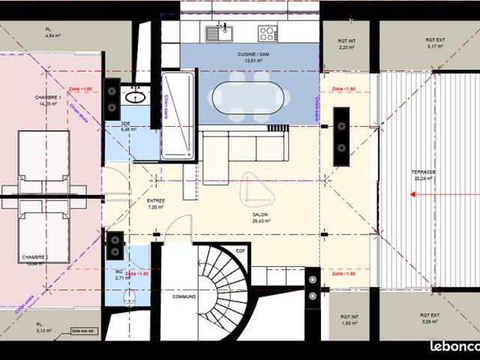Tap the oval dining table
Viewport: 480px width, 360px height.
click(x=250, y=97)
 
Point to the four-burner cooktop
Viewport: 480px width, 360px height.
click(x=268, y=33)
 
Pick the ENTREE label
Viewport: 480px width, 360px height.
click(x=156, y=201)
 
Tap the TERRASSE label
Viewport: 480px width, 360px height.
click(x=424, y=172)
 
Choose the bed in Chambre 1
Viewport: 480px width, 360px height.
click(x=43, y=161)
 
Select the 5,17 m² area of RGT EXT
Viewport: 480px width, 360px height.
click(x=436, y=46)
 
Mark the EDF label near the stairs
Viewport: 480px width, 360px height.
click(x=240, y=250)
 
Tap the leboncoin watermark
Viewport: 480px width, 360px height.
click(x=454, y=346)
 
